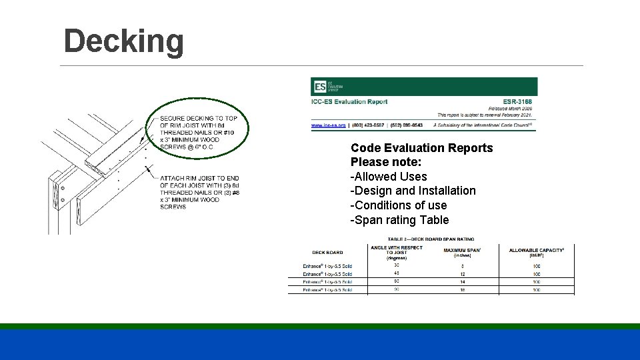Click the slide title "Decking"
[x=123, y=41]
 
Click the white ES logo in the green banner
[x=320, y=87]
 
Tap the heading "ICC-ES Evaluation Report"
[x=349, y=102]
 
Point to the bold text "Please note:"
[x=386, y=162]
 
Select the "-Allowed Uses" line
[x=389, y=177]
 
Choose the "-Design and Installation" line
[x=413, y=191]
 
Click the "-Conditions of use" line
[x=399, y=205]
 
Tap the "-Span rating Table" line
[x=399, y=220]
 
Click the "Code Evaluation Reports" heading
[x=421, y=148]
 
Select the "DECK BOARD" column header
[x=327, y=253]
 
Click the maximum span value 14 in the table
[x=462, y=282]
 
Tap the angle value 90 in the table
[x=396, y=289]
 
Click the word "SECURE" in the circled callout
[x=172, y=119]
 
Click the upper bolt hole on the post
[x=62, y=189]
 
